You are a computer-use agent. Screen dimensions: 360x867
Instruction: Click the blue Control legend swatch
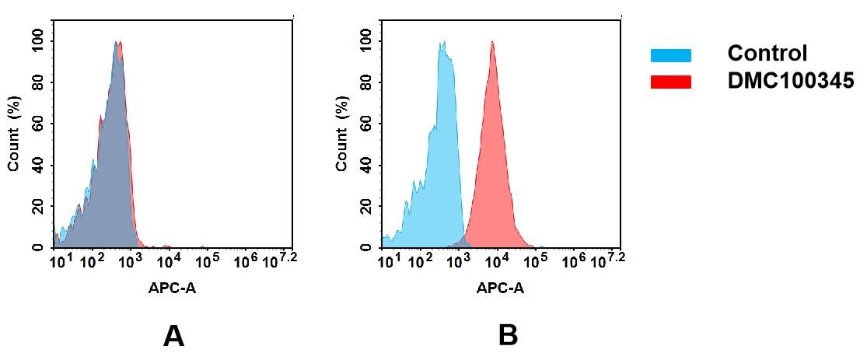coord(670,55)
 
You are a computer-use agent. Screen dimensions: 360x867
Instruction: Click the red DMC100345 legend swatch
coord(670,82)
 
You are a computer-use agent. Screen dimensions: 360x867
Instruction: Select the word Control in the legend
coord(767,54)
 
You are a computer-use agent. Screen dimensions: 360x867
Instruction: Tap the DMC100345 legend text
coord(790,81)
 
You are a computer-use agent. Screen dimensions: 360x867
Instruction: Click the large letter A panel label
coord(173,335)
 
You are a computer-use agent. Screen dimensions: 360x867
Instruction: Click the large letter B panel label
coord(507,335)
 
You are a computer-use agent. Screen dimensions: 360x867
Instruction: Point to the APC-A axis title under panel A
coord(172,288)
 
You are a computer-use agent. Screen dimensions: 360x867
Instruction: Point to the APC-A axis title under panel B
coord(500,288)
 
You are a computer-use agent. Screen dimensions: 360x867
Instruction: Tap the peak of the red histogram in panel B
coord(492,43)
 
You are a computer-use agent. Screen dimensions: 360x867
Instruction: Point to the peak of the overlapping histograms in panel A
coord(117,44)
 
